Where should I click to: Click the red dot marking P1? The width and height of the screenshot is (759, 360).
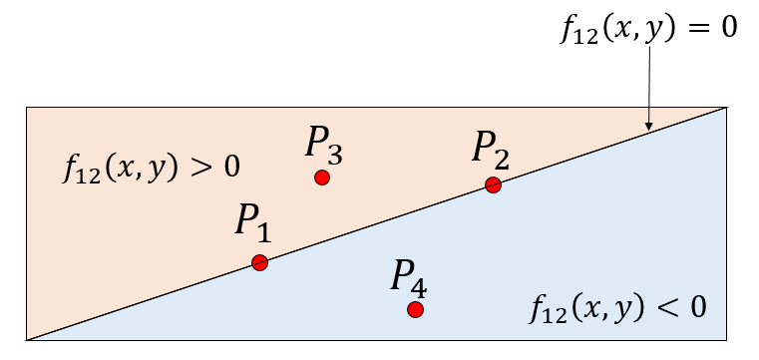[259, 263]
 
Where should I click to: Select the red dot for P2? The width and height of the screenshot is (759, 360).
[493, 184]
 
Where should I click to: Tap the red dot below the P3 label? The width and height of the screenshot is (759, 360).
[321, 178]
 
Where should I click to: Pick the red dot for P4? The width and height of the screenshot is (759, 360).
[416, 309]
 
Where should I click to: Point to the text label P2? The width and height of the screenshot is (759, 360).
[491, 152]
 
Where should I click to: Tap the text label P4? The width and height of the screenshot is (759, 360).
[409, 276]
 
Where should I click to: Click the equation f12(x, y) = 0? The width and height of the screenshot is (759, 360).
[648, 27]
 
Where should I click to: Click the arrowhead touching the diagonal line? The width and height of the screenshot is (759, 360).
[648, 126]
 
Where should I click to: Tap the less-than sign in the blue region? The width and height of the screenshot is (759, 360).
[668, 305]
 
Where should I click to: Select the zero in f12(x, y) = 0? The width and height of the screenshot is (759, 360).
[727, 27]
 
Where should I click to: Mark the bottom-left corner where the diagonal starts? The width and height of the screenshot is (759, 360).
[27, 340]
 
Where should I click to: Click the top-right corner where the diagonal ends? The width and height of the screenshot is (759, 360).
[726, 107]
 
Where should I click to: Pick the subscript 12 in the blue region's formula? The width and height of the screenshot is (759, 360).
[551, 312]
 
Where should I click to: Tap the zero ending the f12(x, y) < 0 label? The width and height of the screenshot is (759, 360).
[696, 305]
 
